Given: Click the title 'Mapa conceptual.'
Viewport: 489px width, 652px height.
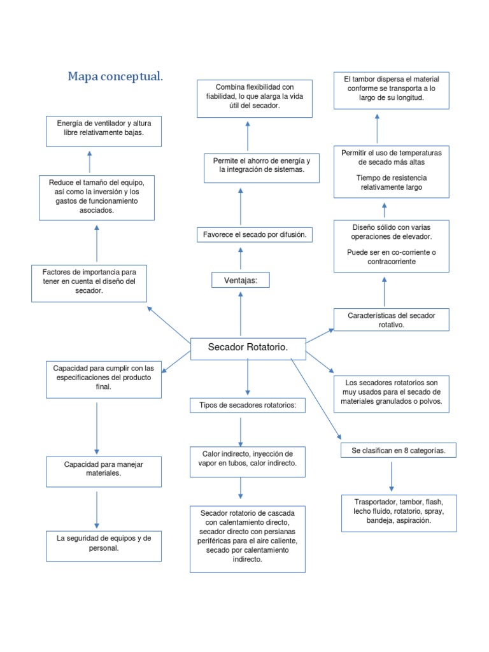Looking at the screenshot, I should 115,76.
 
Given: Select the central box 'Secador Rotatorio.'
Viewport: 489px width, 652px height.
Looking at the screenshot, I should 248,347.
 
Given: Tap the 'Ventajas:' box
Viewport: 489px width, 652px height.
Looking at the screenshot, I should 241,280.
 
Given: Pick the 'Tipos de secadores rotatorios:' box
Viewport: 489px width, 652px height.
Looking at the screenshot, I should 248,406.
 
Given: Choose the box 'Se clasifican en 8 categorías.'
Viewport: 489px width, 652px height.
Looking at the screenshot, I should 398,451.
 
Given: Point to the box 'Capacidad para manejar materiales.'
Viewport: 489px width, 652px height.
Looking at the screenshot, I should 103,469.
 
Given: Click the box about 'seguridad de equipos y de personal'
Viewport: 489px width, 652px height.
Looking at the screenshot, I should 103,543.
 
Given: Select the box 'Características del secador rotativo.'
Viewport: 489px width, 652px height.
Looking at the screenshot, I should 391,320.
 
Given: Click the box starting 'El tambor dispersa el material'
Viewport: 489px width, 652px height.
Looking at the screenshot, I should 391,89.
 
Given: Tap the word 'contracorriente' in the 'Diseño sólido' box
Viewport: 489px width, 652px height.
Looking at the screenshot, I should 391,262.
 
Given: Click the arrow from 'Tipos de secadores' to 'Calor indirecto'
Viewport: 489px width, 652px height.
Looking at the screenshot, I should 241,432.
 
